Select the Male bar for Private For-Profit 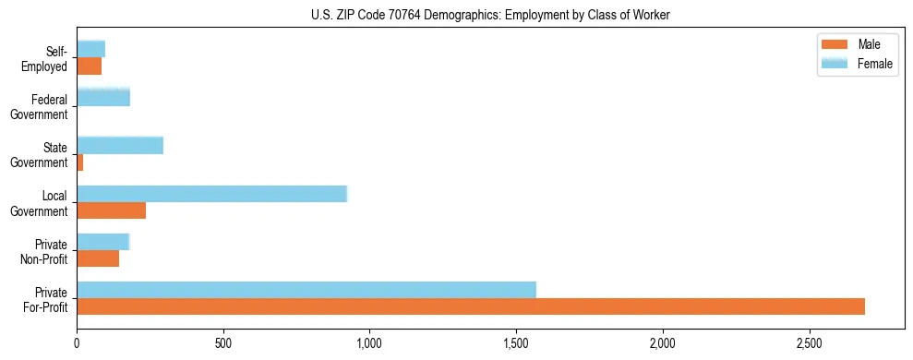471,306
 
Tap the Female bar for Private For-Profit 306,290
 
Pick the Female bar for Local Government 211,194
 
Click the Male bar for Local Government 112,210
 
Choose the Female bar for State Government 120,146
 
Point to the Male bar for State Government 80,162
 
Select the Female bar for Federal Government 103,97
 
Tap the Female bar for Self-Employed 91,49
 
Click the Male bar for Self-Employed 90,66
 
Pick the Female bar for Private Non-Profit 103,242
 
